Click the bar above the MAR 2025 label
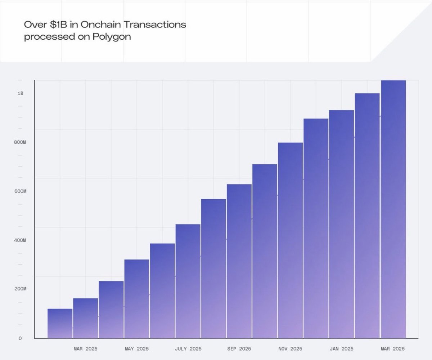86,318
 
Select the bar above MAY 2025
137,299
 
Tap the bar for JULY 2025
188,281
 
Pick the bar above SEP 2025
239,261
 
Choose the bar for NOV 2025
290,240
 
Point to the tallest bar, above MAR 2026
393,209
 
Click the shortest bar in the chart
60,323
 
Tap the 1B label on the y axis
20,93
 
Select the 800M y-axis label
20,142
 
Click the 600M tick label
20,191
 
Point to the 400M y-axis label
20,240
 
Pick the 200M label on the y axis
20,289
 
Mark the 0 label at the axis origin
20,338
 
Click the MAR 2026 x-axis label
393,349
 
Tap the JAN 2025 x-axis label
342,349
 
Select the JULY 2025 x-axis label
188,349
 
